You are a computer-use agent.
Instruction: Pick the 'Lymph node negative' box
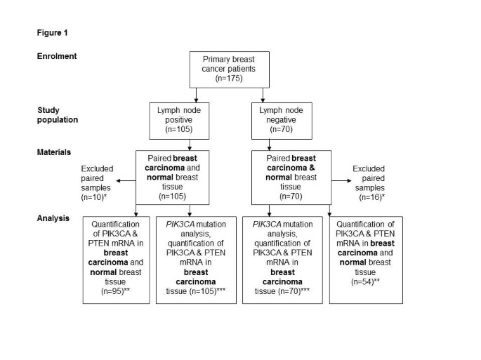click(279, 120)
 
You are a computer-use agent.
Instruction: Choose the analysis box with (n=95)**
click(117, 260)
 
